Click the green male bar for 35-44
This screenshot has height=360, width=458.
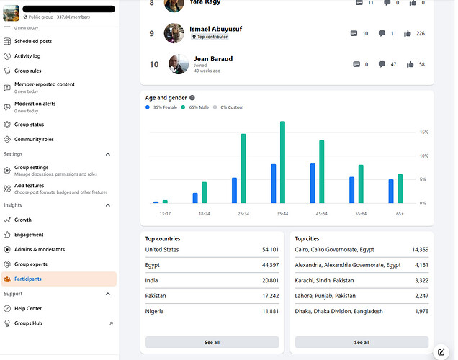(282, 163)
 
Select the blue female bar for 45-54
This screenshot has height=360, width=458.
(313, 184)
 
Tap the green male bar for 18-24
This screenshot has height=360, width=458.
(205, 193)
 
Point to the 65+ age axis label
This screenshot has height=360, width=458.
(400, 214)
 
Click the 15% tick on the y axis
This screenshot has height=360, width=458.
(424, 132)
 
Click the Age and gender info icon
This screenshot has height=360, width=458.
(192, 98)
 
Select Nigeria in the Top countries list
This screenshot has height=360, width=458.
(155, 312)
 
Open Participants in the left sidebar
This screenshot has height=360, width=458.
(28, 279)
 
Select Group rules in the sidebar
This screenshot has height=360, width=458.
(28, 71)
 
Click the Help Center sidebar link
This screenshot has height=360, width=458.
(28, 309)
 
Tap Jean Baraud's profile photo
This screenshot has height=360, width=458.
(179, 64)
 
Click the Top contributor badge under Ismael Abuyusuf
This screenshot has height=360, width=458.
(208, 37)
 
